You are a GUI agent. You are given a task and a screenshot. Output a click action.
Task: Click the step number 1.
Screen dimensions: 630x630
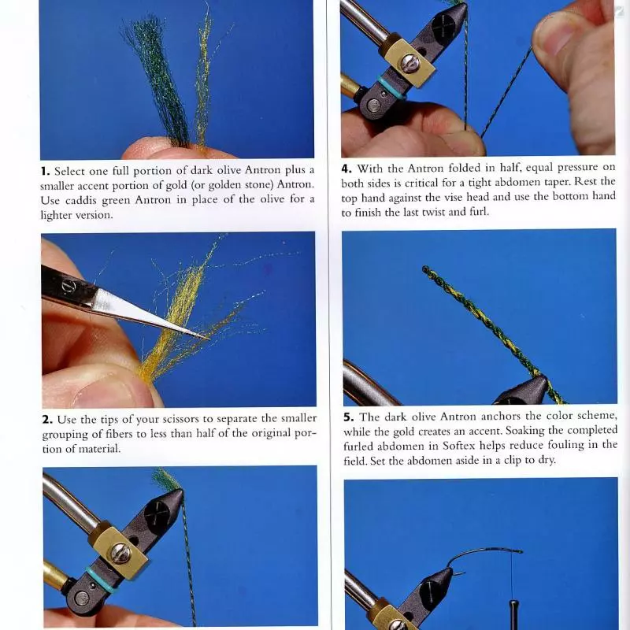pos(45,171)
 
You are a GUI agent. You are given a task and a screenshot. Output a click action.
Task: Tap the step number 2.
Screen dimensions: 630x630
pos(47,420)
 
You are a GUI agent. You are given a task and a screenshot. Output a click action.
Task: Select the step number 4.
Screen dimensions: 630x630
pos(346,169)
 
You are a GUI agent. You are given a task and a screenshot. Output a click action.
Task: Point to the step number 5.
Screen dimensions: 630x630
pos(348,417)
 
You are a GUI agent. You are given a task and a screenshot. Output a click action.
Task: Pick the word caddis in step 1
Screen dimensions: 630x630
pos(81,201)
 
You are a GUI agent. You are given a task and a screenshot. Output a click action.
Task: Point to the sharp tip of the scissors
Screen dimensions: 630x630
pos(208,339)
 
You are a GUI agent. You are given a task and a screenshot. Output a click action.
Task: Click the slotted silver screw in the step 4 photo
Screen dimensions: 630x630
pos(410,64)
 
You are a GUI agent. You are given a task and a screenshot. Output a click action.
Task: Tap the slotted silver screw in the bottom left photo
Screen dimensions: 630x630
pos(120,553)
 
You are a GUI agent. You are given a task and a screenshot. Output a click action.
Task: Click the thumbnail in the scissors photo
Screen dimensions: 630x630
pos(108,391)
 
